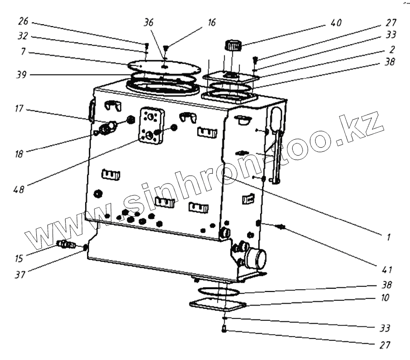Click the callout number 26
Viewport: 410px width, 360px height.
tap(24, 21)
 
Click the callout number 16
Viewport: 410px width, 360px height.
tap(211, 22)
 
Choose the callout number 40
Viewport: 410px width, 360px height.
tap(336, 23)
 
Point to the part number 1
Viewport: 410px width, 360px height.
tap(388, 238)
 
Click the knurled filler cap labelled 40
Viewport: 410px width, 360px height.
tap(233, 45)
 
